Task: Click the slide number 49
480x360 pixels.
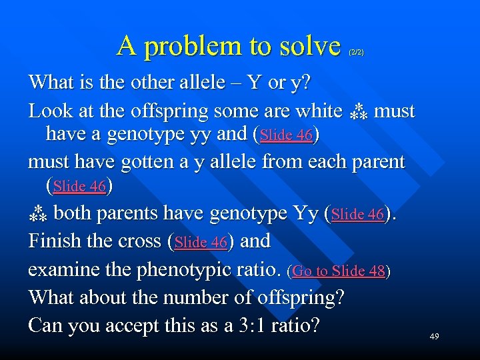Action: (434, 337)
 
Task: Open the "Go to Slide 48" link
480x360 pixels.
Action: (339, 271)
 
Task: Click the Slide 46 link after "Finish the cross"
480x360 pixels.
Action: (201, 243)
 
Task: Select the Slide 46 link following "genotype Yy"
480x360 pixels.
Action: (358, 215)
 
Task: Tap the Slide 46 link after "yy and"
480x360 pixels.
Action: (287, 135)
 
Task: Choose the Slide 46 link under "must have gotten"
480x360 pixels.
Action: (79, 187)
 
